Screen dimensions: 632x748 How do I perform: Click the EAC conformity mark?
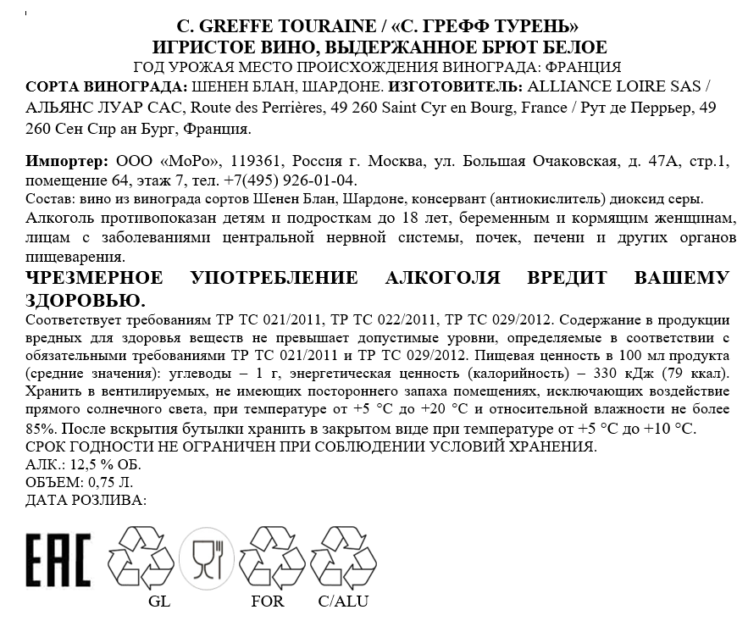[58, 560]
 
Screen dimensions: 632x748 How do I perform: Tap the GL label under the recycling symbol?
[158, 602]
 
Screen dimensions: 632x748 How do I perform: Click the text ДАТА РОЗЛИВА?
[86, 500]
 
